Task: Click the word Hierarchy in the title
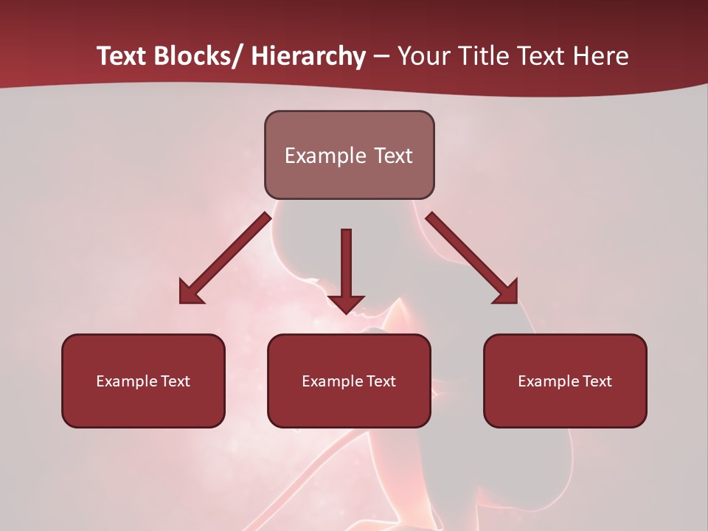(x=308, y=56)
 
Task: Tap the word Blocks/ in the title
(x=196, y=56)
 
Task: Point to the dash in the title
(x=381, y=57)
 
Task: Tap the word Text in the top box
(x=392, y=156)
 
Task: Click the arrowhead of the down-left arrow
(x=190, y=293)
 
